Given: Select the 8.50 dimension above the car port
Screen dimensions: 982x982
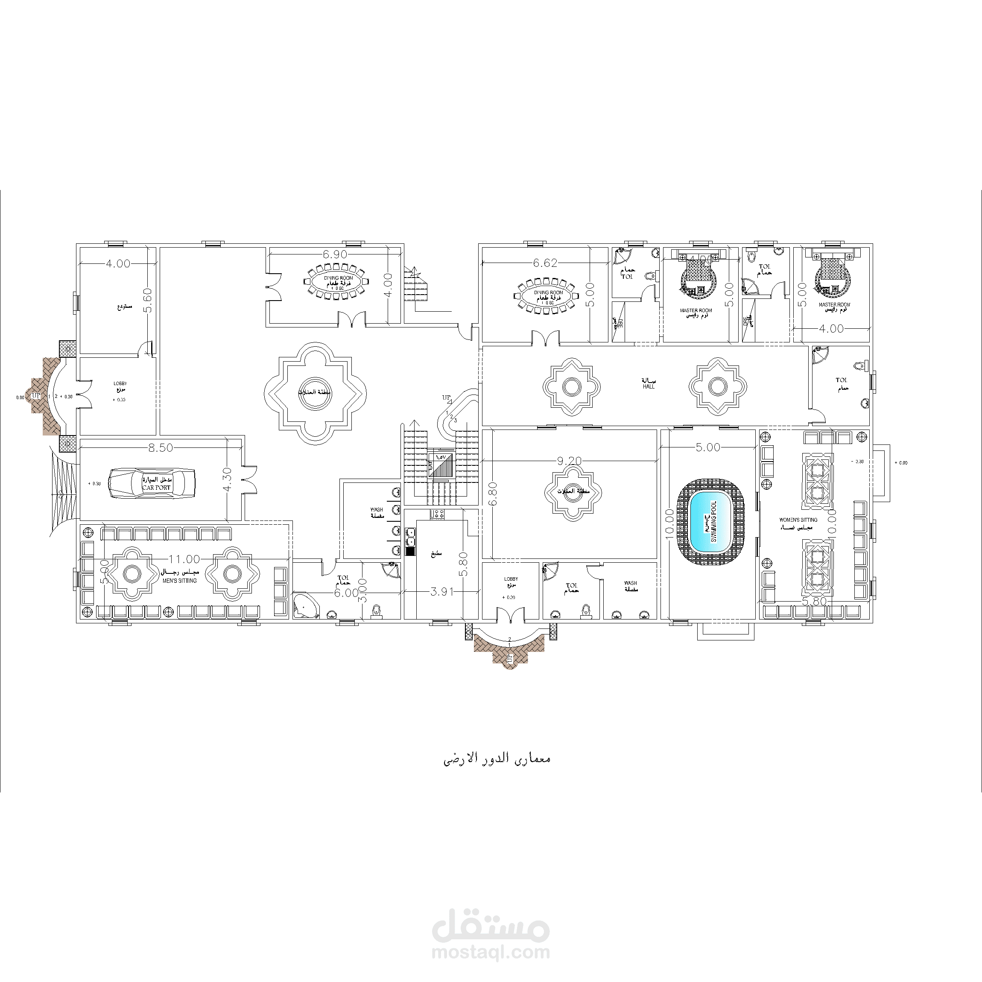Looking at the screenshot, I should coord(161,448).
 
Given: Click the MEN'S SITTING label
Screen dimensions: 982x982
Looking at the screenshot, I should coord(180,581).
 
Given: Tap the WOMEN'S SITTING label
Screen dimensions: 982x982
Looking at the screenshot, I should coord(798,520).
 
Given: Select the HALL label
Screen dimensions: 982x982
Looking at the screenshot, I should coord(649,387).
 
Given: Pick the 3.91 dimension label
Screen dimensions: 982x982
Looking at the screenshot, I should coord(442,592).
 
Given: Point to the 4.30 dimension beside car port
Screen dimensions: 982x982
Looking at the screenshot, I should coord(227,479).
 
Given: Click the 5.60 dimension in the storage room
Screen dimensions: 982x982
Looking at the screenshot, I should coord(147,301).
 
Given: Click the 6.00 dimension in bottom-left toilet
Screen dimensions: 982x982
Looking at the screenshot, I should coord(346,593).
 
